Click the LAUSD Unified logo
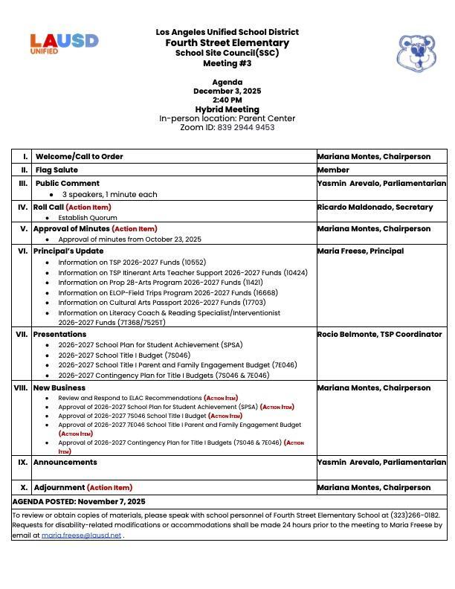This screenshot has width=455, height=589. (x=64, y=43)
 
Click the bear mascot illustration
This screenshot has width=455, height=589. (x=416, y=53)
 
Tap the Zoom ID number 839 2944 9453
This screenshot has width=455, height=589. (x=246, y=128)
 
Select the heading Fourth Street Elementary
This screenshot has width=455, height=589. (x=227, y=42)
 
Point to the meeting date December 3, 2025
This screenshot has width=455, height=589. (x=227, y=91)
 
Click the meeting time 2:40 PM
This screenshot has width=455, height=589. (x=227, y=100)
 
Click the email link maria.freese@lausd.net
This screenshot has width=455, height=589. (x=81, y=535)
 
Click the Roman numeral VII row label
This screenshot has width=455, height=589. (x=21, y=335)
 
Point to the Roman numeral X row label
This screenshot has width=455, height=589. (x=24, y=488)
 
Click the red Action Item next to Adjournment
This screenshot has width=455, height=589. (x=109, y=488)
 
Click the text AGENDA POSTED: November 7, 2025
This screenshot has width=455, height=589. (x=79, y=502)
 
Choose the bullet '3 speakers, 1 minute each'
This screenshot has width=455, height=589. (x=109, y=195)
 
